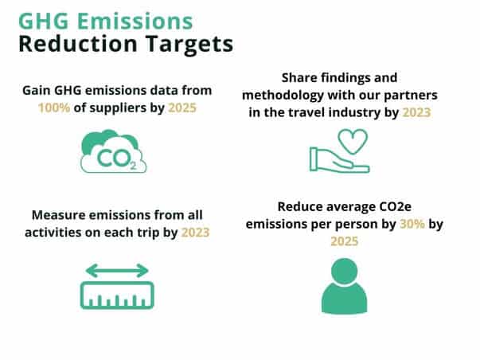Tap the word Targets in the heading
coord(189,45)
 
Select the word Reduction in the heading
coord(78,44)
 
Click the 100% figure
coord(54,108)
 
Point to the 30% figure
coord(412,224)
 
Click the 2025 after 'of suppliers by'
coord(182,108)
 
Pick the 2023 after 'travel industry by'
coord(416,112)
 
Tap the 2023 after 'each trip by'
coord(195,233)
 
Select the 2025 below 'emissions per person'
coord(345,241)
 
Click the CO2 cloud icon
coord(113,151)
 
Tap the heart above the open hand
coord(353,141)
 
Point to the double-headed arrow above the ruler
coord(117,271)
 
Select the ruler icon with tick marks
coord(117,295)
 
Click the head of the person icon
coord(345,272)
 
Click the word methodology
coord(283,96)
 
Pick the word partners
coord(411,96)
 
